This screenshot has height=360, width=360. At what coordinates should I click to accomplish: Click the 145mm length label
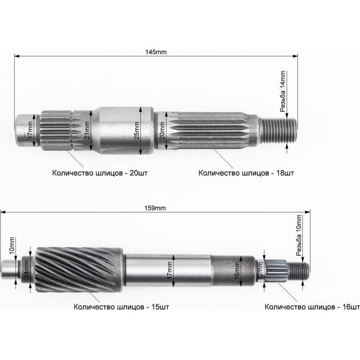[156, 52]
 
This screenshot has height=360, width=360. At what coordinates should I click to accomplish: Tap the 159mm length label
[155, 208]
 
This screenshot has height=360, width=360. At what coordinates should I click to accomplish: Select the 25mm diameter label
[137, 130]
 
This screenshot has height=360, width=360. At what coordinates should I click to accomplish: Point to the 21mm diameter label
[87, 130]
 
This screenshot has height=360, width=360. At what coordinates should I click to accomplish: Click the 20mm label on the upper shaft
[162, 130]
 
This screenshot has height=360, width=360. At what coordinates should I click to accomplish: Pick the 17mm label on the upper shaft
[30, 130]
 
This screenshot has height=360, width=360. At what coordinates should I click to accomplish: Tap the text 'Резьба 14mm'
[283, 91]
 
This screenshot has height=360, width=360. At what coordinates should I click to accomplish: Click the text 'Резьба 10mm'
[299, 235]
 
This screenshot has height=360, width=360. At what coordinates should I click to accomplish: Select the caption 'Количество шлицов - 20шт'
[100, 173]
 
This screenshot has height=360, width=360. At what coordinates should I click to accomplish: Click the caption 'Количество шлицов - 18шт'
[246, 173]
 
